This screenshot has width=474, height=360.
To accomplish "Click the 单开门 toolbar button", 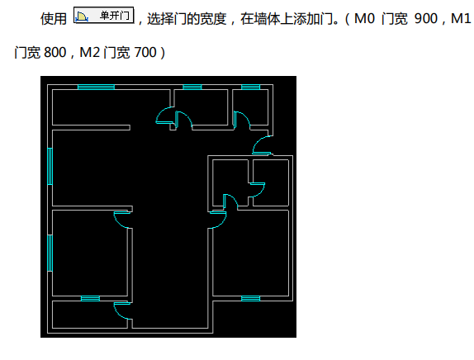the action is pyautogui.click(x=104, y=15).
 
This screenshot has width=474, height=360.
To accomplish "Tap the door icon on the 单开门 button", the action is pyautogui.click(x=82, y=17).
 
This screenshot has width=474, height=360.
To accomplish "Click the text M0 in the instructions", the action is pyautogui.click(x=364, y=19).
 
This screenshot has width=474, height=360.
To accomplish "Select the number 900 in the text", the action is pyautogui.click(x=426, y=19).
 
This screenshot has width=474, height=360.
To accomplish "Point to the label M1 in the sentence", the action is pyautogui.click(x=461, y=19).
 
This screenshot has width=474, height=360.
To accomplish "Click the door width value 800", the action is pyautogui.click(x=55, y=53).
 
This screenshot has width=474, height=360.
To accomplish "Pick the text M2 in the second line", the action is pyautogui.click(x=89, y=53).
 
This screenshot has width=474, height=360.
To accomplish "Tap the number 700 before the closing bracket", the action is pyautogui.click(x=145, y=53).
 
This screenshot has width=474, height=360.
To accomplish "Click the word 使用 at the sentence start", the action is pyautogui.click(x=54, y=19).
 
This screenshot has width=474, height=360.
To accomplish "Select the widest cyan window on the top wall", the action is pyautogui.click(x=96, y=87).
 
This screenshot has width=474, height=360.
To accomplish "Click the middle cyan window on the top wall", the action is pyautogui.click(x=192, y=87).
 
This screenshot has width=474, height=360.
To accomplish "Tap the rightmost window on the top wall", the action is pyautogui.click(x=250, y=87).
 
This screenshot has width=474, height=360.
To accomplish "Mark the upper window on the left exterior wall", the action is pyautogui.click(x=50, y=166).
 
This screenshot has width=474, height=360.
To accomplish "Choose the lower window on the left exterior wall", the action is pyautogui.click(x=50, y=253).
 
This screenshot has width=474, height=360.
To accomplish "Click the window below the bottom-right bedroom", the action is pyautogui.click(x=250, y=299).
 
